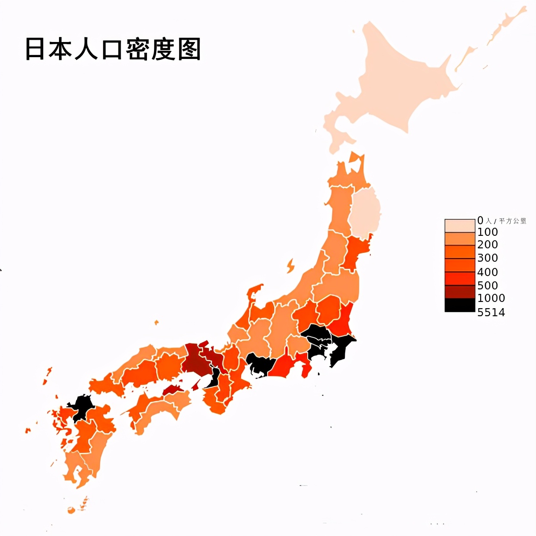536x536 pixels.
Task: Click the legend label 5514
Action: coord(491,312)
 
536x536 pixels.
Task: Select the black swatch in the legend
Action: coord(460,305)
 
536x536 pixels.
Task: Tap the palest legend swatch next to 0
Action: coord(460,226)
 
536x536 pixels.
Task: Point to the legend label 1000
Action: coord(491,298)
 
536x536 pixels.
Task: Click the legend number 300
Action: coord(487,258)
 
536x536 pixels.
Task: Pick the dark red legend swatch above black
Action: coord(460,292)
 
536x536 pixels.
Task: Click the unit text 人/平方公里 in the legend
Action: coord(506,221)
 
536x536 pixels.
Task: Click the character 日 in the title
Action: coord(35,49)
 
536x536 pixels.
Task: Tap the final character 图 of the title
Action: coord(189,49)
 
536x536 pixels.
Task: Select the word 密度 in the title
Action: coord(151,49)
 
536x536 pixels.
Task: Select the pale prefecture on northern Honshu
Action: coord(365,212)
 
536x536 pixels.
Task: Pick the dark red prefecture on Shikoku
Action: coord(174,389)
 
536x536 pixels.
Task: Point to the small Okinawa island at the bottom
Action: coord(71,510)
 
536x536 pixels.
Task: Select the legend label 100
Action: coord(487,232)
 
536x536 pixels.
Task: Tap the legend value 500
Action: coord(487,285)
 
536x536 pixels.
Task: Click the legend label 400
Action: coord(487,272)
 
